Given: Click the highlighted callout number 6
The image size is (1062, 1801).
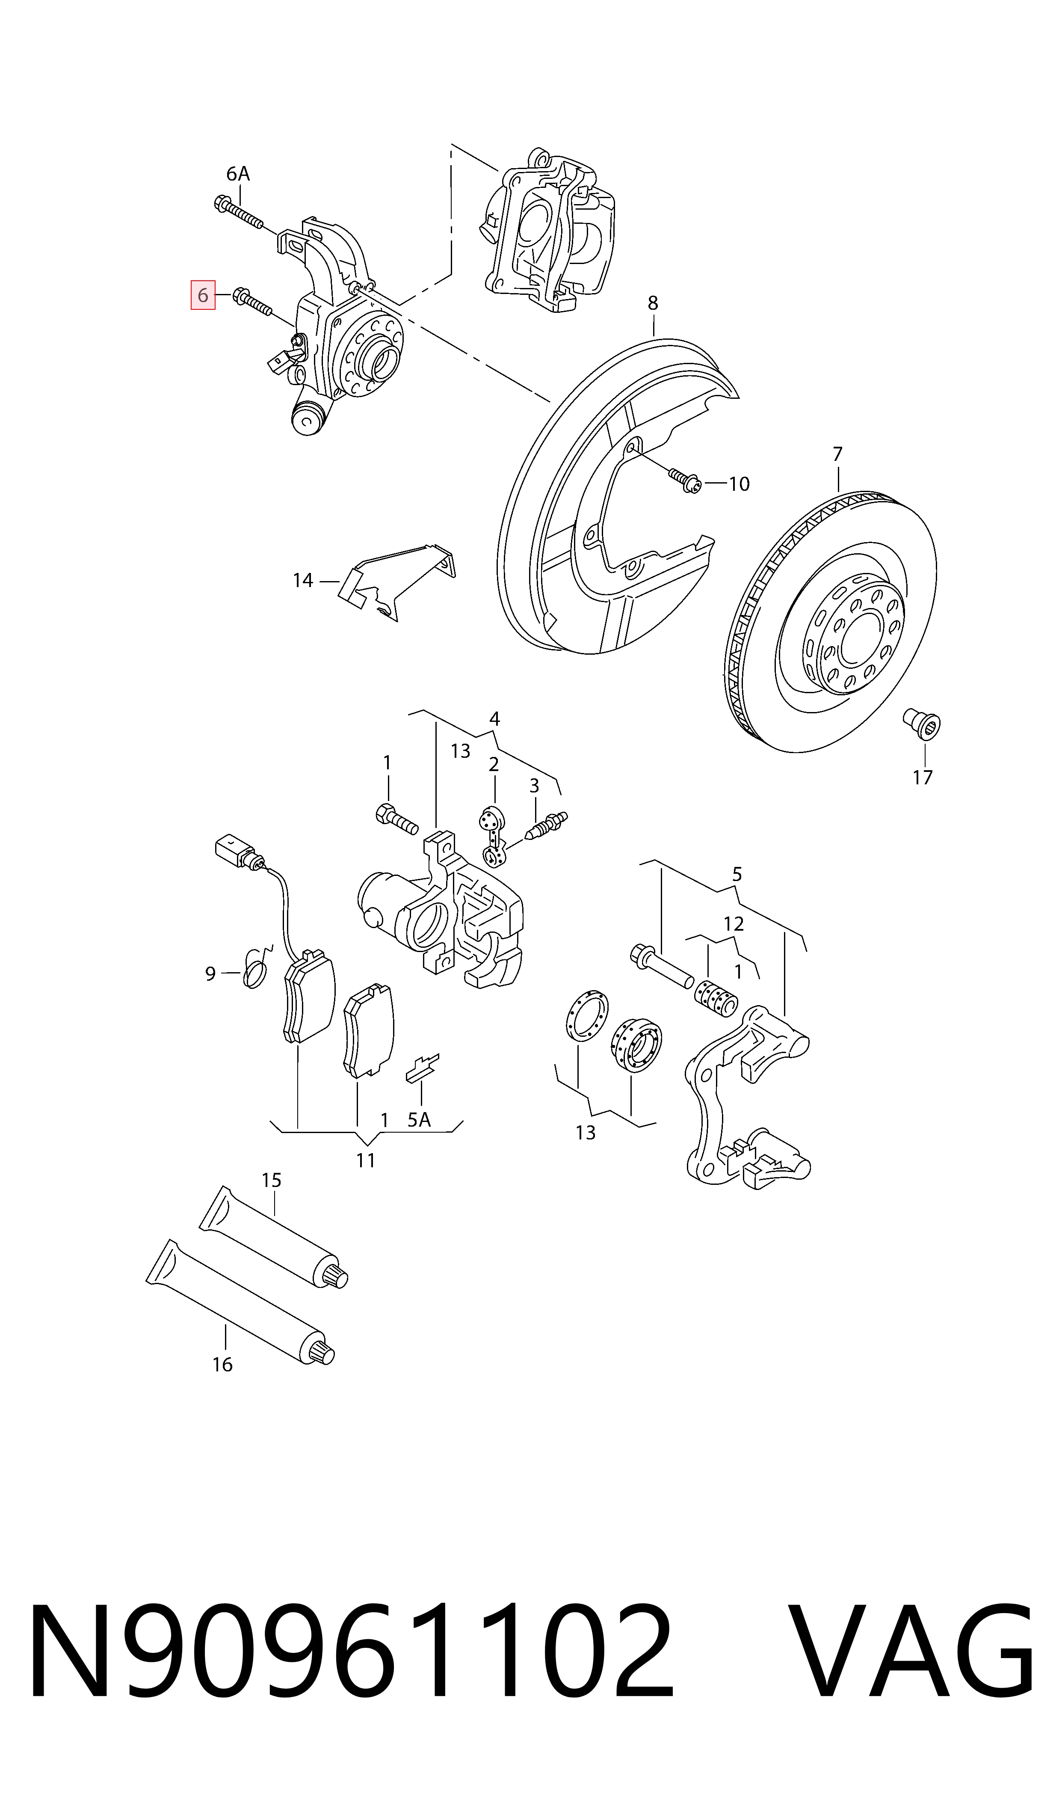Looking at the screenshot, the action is click(203, 295).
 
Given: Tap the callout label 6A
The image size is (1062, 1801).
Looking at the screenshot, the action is click(237, 174).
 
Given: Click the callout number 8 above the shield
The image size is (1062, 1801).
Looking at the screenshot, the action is click(653, 303).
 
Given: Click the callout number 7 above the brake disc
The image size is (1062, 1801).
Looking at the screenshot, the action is click(837, 454).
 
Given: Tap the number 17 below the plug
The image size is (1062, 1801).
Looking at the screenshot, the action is click(923, 777).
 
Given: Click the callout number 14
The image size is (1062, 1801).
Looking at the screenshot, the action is click(303, 581).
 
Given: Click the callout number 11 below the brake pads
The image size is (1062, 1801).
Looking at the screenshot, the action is click(366, 1160).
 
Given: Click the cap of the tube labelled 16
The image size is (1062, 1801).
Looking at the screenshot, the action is click(324, 1349).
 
